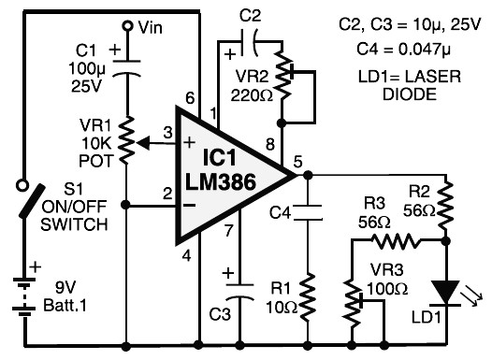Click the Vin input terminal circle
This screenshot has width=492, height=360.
point(127,25)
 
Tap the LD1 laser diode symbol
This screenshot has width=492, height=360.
point(445,294)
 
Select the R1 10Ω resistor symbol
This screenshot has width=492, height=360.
point(308,296)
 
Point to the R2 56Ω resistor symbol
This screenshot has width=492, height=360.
point(445,206)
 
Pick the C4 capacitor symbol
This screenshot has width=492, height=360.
point(308,212)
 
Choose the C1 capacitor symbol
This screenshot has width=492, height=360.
point(127,67)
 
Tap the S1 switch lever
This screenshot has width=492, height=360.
point(32,201)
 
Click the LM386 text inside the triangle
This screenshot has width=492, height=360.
point(220,182)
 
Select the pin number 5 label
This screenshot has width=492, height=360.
point(297,162)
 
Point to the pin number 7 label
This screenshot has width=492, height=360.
point(229,231)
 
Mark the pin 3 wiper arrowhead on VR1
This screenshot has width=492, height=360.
point(143,144)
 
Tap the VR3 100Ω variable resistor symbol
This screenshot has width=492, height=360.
point(354,304)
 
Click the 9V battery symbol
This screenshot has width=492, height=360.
point(23,297)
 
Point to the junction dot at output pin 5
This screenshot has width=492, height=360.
point(308,175)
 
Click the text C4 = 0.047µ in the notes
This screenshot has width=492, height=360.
point(403,49)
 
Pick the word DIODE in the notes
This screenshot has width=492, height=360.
point(410,94)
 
